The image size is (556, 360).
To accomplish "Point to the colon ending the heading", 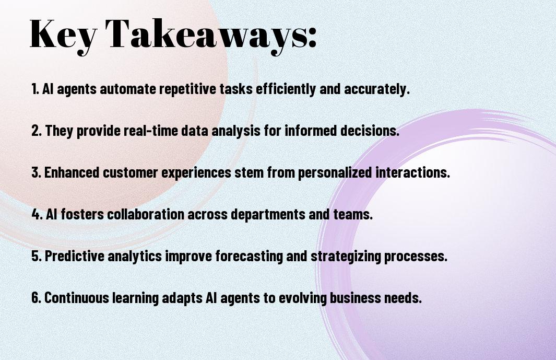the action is click(312, 38).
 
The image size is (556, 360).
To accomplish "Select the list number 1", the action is click(35, 89).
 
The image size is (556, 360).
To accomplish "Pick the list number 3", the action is click(36, 172).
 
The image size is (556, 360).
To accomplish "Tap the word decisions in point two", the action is click(370, 131).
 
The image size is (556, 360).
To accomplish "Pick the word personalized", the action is click(335, 173).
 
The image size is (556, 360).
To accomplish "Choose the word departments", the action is click(268, 215).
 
